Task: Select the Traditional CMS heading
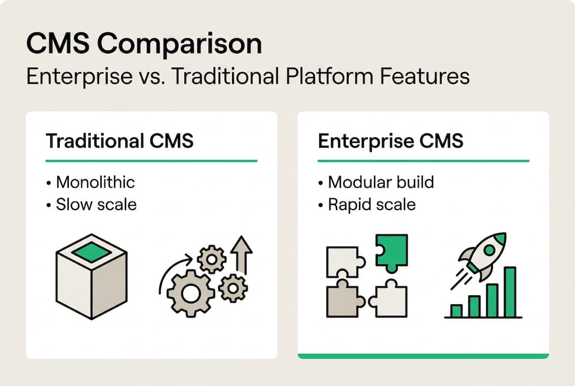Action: [120, 142]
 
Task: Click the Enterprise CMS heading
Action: [391, 142]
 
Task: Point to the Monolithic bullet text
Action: [95, 182]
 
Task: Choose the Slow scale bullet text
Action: [96, 205]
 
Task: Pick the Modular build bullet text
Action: [380, 182]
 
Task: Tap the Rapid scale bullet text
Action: [371, 205]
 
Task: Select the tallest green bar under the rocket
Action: [510, 292]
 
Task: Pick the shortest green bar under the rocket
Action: [457, 311]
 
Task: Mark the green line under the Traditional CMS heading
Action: [151, 160]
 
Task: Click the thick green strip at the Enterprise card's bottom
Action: [423, 355]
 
